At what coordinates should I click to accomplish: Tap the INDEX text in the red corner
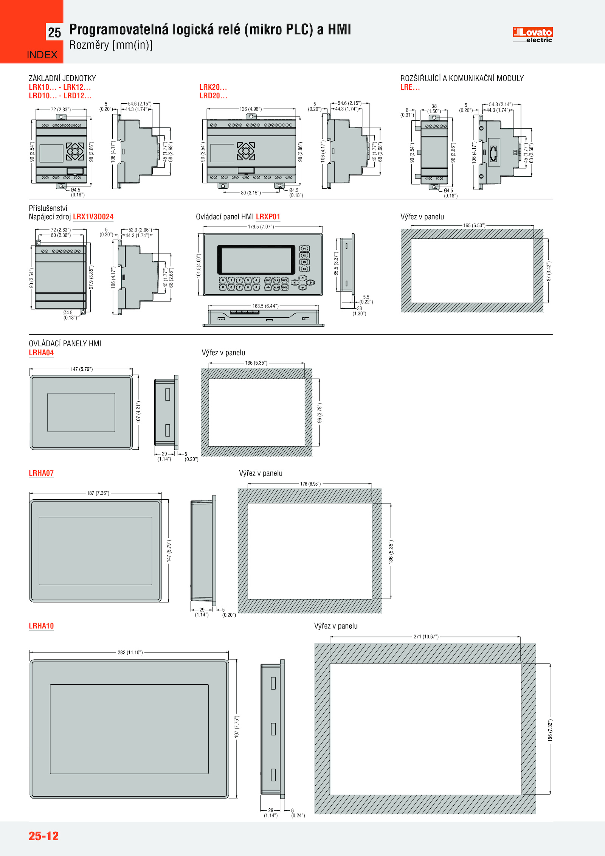tap(42, 55)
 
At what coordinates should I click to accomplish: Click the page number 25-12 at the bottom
tap(44, 836)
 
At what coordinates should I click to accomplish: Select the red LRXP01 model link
tap(268, 217)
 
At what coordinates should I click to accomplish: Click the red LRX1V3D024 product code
tap(93, 217)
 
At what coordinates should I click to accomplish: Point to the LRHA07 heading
tap(41, 473)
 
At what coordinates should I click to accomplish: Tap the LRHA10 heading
tap(41, 626)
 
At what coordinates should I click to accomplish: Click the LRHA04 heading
tap(41, 353)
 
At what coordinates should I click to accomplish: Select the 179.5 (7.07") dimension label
tap(261, 227)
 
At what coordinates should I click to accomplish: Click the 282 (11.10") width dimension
tap(130, 652)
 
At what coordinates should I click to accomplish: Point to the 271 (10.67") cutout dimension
tap(426, 637)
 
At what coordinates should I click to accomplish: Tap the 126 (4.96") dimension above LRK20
tap(250, 109)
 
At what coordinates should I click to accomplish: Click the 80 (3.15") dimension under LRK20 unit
tap(251, 193)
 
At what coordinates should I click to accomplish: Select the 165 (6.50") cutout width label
tap(474, 225)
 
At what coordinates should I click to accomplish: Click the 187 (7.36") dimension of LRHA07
tap(98, 493)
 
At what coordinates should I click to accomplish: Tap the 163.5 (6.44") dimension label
tap(265, 306)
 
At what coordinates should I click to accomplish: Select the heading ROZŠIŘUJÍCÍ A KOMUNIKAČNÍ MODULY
tap(462, 78)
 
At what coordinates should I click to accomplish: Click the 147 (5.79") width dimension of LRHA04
tap(81, 369)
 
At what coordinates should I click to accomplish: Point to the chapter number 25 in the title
tap(54, 33)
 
